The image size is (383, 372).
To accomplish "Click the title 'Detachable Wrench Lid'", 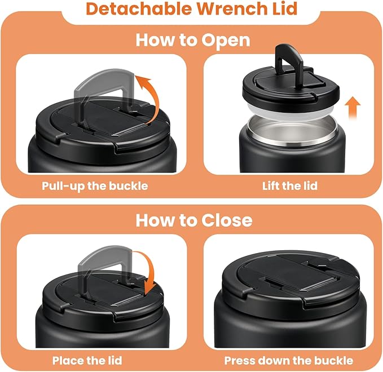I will point(192,10).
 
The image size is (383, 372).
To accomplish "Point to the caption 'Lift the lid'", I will point(290,185).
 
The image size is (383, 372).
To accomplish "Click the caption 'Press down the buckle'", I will point(289,360).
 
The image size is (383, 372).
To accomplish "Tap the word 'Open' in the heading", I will point(226,41).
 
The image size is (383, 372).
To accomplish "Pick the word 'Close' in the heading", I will point(224,219).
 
